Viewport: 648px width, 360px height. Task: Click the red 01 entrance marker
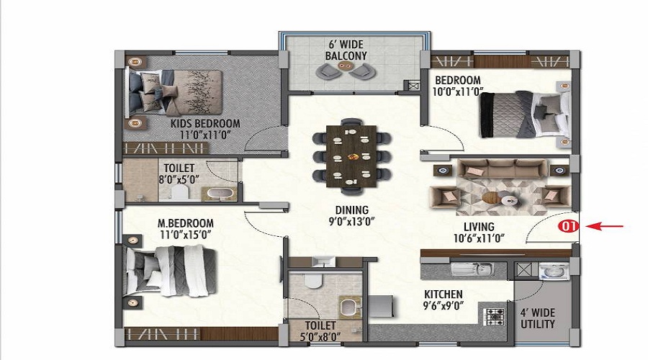pos(569,226)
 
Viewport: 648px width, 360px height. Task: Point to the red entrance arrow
pos(604,226)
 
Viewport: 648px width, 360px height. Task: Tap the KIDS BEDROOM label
pos(205,124)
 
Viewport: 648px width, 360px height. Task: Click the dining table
pos(351,156)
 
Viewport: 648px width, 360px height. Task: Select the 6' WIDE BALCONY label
pos(346,50)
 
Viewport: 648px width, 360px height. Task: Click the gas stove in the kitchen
pos(494,317)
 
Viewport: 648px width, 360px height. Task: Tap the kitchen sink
pos(472,269)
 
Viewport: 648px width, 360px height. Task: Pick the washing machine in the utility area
pos(554,271)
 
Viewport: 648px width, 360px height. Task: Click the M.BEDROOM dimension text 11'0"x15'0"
pos(186,235)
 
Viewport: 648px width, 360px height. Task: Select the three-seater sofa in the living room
pos(501,168)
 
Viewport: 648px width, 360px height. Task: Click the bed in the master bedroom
pos(169,271)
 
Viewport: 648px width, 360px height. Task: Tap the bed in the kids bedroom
pos(176,92)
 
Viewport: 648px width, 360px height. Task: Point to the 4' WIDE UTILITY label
pos(537,318)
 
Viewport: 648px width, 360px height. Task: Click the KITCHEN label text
pos(443,294)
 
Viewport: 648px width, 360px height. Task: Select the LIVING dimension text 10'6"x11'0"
pos(479,238)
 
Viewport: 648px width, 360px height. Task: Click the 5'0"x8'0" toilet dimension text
pos(320,336)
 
